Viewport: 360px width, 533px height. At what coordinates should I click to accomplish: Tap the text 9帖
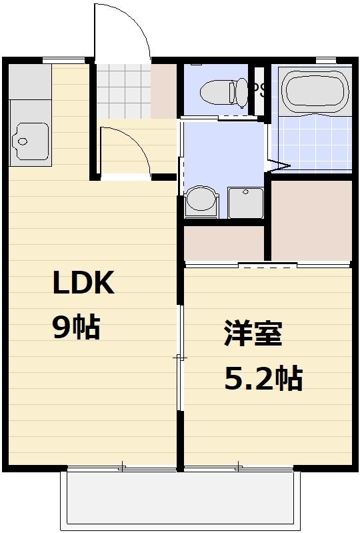click(x=76, y=328)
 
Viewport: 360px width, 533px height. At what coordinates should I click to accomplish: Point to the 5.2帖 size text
click(x=263, y=379)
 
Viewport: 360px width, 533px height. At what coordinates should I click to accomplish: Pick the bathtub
click(x=315, y=91)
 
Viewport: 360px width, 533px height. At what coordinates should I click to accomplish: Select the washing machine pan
click(x=247, y=201)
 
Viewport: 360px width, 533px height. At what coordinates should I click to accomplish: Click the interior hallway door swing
click(x=125, y=150)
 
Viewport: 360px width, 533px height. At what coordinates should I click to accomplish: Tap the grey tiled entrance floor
click(x=124, y=89)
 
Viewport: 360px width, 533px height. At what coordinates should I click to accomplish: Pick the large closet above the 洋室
click(x=311, y=220)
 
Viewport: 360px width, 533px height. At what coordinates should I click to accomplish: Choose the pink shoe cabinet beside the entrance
click(x=164, y=90)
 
